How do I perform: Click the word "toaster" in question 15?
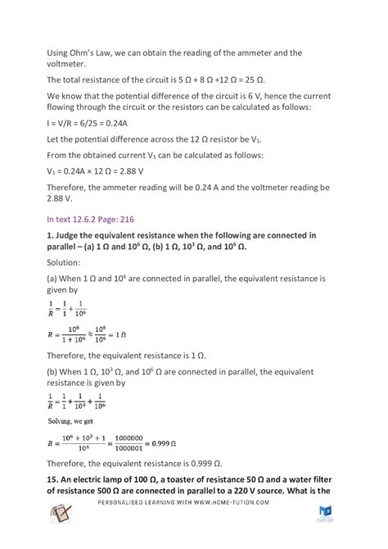click(184, 500)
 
